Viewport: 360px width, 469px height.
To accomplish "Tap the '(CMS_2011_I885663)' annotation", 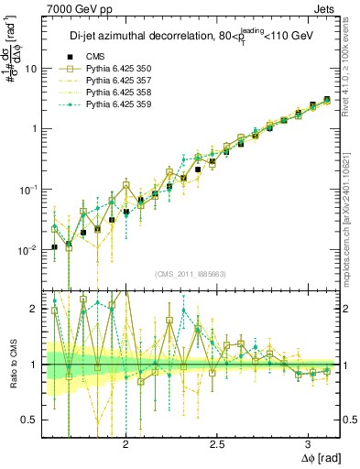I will click(x=190, y=273).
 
